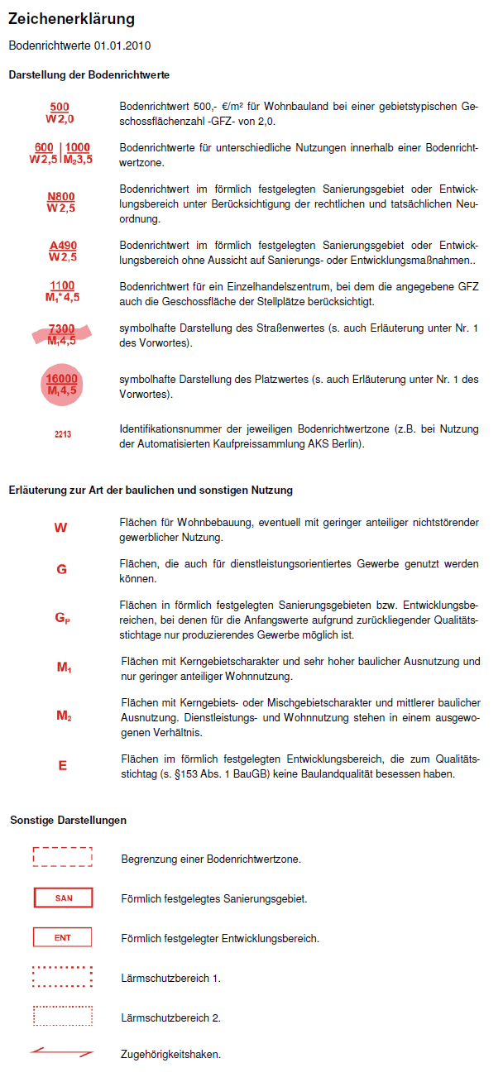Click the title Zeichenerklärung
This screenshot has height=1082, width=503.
(x=71, y=19)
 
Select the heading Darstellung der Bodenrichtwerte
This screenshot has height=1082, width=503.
(x=89, y=75)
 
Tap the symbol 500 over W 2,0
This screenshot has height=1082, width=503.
(x=60, y=113)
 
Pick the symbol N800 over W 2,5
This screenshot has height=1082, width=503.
(x=61, y=203)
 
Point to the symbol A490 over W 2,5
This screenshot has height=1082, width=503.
(x=62, y=251)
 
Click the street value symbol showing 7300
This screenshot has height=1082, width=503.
(x=62, y=334)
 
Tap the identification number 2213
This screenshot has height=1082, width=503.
(x=63, y=433)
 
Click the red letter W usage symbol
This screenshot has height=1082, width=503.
(x=61, y=528)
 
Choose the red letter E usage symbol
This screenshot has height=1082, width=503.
(x=62, y=766)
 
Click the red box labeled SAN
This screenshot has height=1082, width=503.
(x=63, y=898)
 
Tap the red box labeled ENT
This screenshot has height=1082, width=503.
(x=63, y=937)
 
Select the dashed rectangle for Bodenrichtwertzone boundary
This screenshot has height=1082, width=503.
(x=63, y=857)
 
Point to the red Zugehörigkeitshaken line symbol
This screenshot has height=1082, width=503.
(x=62, y=1053)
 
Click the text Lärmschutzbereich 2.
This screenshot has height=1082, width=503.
(x=170, y=1017)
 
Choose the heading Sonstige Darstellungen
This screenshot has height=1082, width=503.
(x=69, y=820)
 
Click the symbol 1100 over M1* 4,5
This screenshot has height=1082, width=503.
(x=62, y=291)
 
